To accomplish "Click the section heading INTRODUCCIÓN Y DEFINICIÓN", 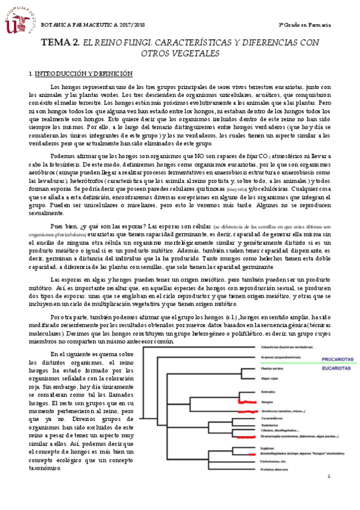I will point(84,74).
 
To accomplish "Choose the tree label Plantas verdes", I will point(272,368).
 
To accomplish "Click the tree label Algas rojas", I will point(269,379).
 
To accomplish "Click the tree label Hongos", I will point(267,401).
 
